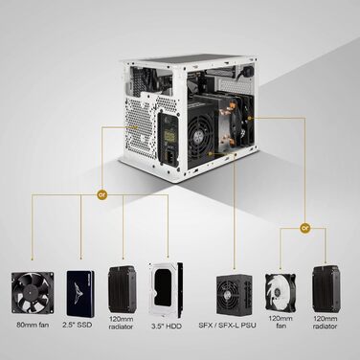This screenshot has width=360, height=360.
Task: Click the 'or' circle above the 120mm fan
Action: point(304,229)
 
